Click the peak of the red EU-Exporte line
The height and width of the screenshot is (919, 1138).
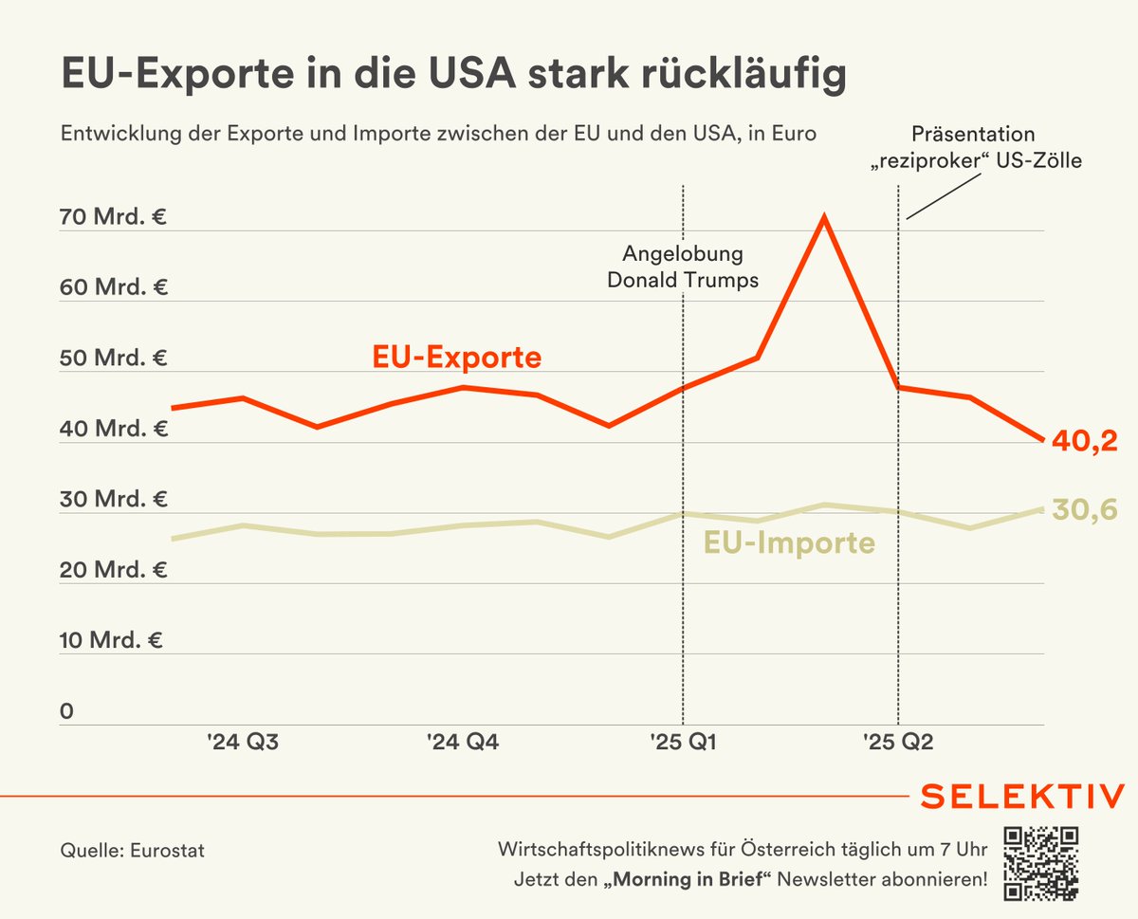click(825, 217)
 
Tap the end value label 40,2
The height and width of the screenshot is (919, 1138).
click(1085, 442)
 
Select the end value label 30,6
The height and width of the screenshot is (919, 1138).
click(1085, 510)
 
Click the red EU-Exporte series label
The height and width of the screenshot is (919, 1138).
click(456, 358)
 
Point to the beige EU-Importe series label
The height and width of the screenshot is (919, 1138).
click(788, 543)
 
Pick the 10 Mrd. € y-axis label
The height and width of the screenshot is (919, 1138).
click(112, 640)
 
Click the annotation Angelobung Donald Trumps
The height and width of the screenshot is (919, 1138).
click(683, 267)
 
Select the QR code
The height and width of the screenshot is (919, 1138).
click(1041, 863)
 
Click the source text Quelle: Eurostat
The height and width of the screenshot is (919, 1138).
click(132, 851)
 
